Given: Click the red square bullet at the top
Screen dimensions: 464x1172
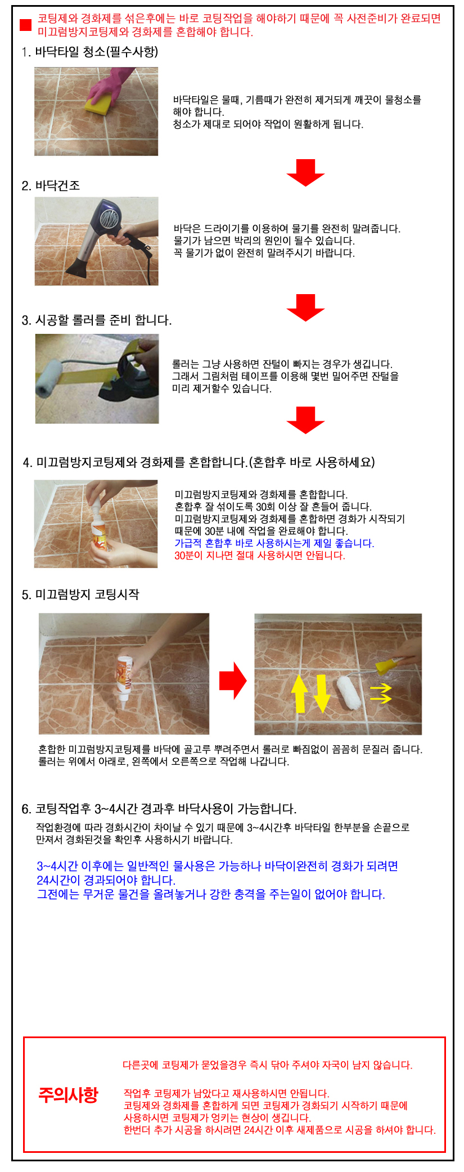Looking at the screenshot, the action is coord(25,25).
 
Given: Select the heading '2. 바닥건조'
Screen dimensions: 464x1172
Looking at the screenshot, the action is coord(51,186).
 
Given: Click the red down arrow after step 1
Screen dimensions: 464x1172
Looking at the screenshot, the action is coord(305,172).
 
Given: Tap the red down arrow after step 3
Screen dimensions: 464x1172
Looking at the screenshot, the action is coord(305,420).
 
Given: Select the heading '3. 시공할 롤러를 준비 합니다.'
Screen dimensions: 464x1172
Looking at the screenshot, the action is coord(97,320).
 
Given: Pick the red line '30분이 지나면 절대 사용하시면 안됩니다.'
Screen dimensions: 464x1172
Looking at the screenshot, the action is coord(260,555).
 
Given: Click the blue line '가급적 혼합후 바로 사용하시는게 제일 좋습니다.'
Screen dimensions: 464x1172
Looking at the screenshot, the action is coord(274,543).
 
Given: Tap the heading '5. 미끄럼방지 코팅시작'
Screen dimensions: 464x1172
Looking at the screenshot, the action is coord(80,594).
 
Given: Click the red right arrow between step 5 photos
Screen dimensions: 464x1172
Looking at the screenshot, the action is coord(233,680).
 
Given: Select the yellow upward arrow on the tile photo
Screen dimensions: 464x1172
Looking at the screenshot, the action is coord(300,693).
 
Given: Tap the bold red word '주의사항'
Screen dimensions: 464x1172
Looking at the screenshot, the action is coord(68,1094).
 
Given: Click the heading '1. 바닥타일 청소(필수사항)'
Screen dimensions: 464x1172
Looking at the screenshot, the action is coord(90,52).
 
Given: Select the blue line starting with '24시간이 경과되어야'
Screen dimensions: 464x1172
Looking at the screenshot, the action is coord(106,880).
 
